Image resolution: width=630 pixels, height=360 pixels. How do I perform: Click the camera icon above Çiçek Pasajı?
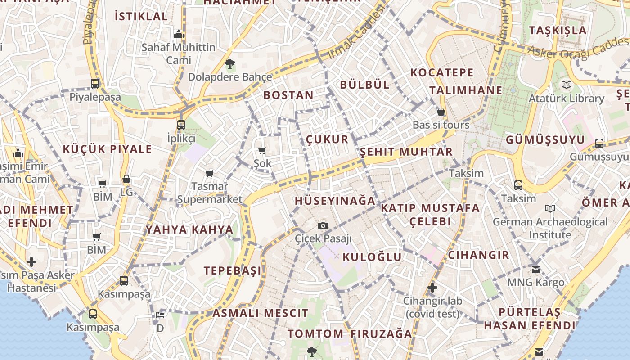[323, 225]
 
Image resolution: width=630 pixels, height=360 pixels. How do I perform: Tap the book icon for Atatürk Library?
[566, 85]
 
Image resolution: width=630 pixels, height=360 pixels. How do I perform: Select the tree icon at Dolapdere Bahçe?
[230, 64]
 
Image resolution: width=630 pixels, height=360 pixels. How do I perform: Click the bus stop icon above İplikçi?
[181, 125]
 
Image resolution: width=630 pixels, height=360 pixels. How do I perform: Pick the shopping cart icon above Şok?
[262, 150]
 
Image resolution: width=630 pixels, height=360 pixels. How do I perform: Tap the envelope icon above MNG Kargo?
[535, 269]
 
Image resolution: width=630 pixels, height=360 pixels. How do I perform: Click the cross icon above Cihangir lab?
[432, 287]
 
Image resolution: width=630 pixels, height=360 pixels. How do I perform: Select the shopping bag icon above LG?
[126, 179]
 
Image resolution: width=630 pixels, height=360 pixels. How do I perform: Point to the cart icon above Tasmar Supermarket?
[209, 173]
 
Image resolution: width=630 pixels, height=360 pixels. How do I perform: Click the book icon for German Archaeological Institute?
[550, 208]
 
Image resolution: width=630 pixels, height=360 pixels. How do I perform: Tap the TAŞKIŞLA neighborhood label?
[558, 31]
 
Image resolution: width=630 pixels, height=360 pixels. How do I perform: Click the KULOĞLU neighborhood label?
[372, 257]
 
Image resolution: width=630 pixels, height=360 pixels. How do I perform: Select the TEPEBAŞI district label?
[232, 270]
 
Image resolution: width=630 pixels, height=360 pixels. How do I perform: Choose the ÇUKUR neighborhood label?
[327, 139]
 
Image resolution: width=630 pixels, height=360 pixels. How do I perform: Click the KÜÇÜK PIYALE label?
[107, 149]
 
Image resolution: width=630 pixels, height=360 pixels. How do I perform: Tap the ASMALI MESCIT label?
[261, 313]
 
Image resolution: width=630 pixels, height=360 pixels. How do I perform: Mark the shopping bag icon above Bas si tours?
[441, 112]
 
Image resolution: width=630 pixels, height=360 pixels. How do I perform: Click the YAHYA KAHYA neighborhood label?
[189, 229]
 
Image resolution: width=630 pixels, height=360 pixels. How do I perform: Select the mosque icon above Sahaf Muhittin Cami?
[179, 34]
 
